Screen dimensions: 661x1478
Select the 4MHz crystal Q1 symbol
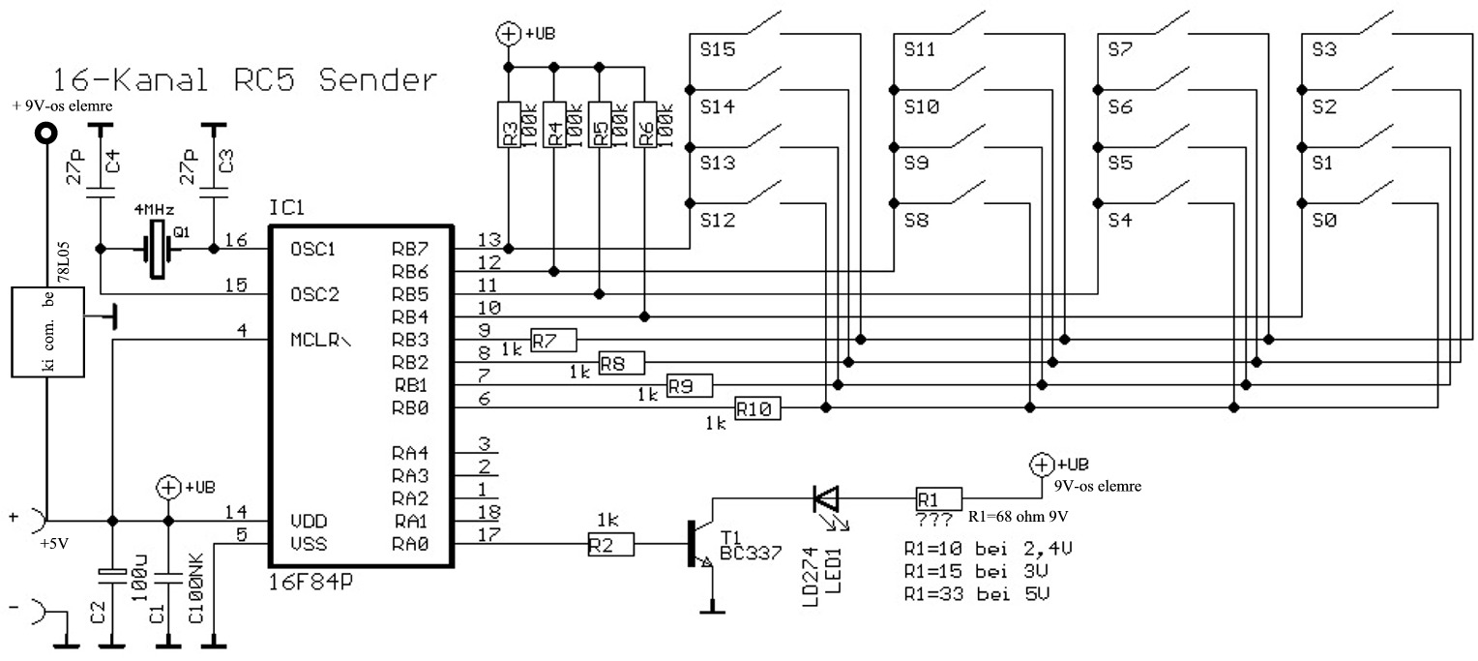(157, 249)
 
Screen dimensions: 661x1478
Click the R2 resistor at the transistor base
(610, 546)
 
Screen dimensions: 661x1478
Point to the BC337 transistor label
(750, 553)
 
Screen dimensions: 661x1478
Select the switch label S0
(1325, 221)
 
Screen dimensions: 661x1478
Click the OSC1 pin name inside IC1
(312, 249)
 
